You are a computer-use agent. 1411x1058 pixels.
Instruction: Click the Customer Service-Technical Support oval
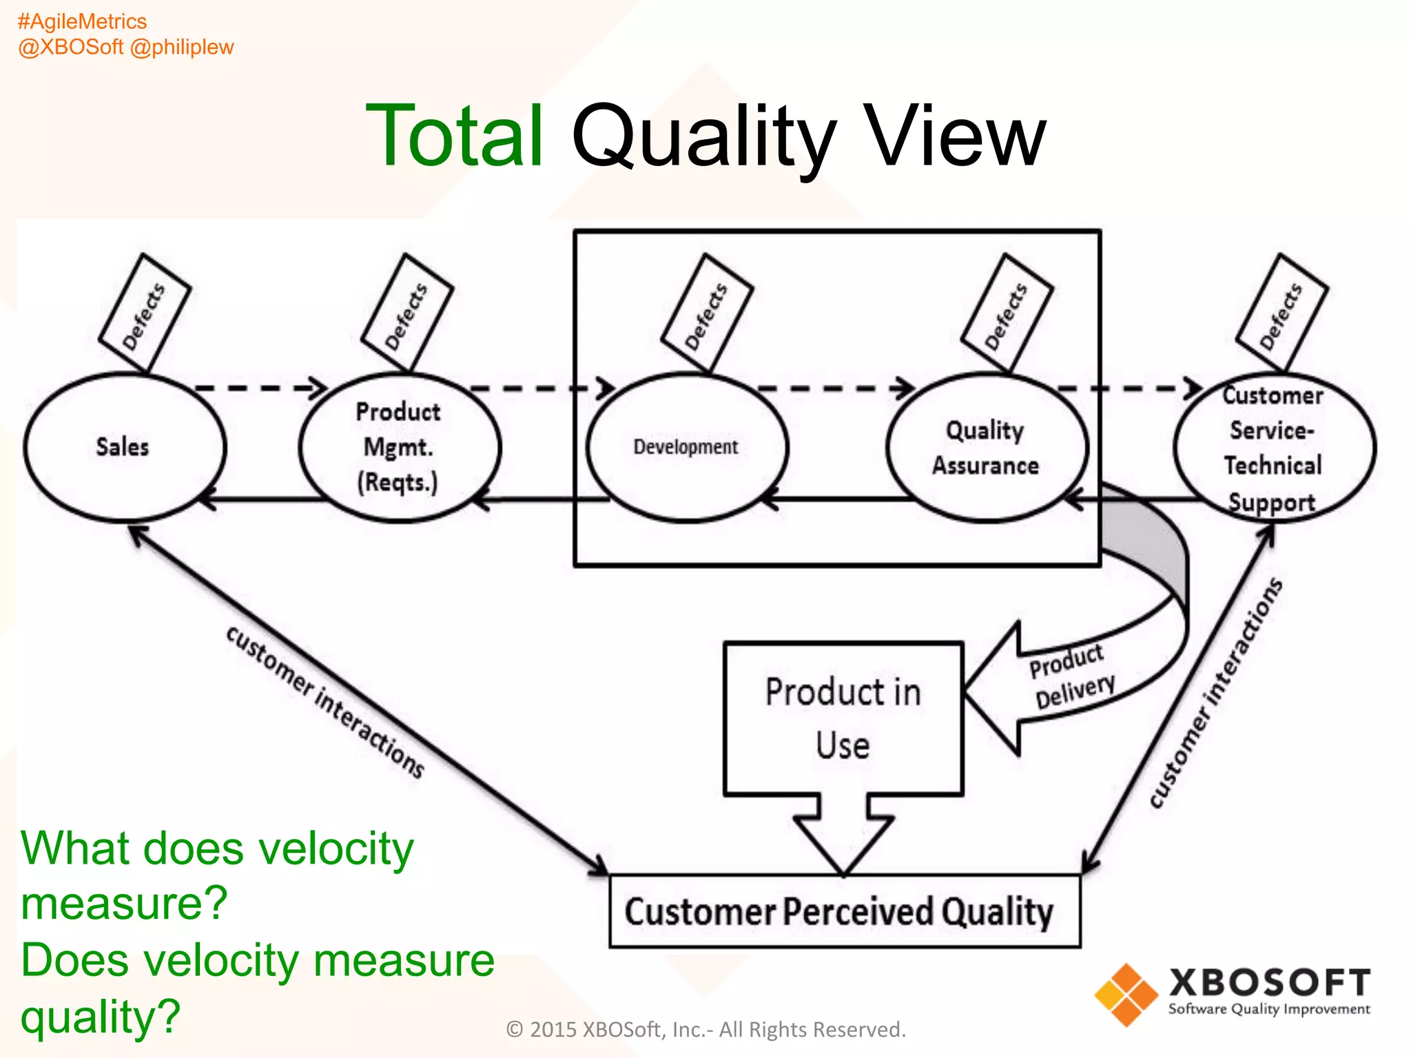1273,448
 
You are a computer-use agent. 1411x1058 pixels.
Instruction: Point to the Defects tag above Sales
144,313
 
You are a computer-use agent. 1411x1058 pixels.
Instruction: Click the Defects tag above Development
706,313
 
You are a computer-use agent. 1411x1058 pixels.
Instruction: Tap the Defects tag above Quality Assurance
1007,313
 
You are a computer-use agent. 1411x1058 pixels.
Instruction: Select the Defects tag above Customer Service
1281,313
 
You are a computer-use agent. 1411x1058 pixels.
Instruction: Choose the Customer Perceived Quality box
844,911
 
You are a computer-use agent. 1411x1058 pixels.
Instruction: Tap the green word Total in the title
455,136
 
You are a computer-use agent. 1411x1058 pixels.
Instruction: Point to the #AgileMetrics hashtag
82,21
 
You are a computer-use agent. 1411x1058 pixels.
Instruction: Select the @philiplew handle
182,47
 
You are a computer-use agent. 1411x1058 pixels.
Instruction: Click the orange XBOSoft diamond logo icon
1126,994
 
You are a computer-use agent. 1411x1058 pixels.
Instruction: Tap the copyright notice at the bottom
705,1029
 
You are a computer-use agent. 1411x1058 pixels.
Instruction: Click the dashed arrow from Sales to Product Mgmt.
262,388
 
